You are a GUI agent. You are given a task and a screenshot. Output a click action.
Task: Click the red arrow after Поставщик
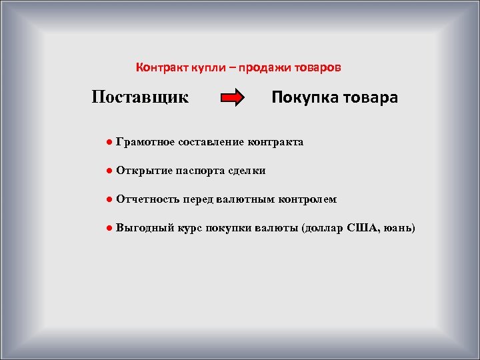233,99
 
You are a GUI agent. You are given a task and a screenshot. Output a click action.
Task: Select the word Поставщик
140,97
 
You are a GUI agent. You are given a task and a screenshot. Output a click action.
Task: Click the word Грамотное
145,142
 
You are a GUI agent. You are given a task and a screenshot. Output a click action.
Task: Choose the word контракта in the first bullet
275,142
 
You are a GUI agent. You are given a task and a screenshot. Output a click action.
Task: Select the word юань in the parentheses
397,228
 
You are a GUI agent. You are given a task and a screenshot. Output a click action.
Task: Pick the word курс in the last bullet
189,228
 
